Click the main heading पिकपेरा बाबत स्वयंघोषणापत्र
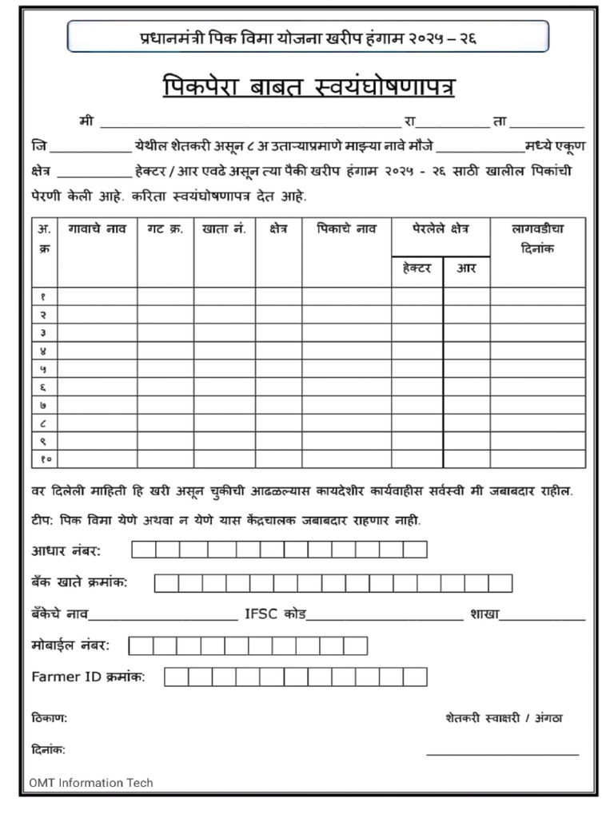[308, 85]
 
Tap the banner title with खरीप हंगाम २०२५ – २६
[308, 37]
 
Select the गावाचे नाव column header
[97, 228]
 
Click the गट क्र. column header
[165, 228]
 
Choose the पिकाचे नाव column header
[345, 228]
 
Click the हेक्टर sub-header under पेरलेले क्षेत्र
[417, 268]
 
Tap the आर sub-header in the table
[466, 268]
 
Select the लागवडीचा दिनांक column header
[537, 238]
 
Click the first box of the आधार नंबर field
[144, 550]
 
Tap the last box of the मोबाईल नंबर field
[355, 645]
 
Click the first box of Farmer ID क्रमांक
[176, 677]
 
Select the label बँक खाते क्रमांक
[79, 582]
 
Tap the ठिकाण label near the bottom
[49, 718]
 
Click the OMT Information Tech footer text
[91, 782]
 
